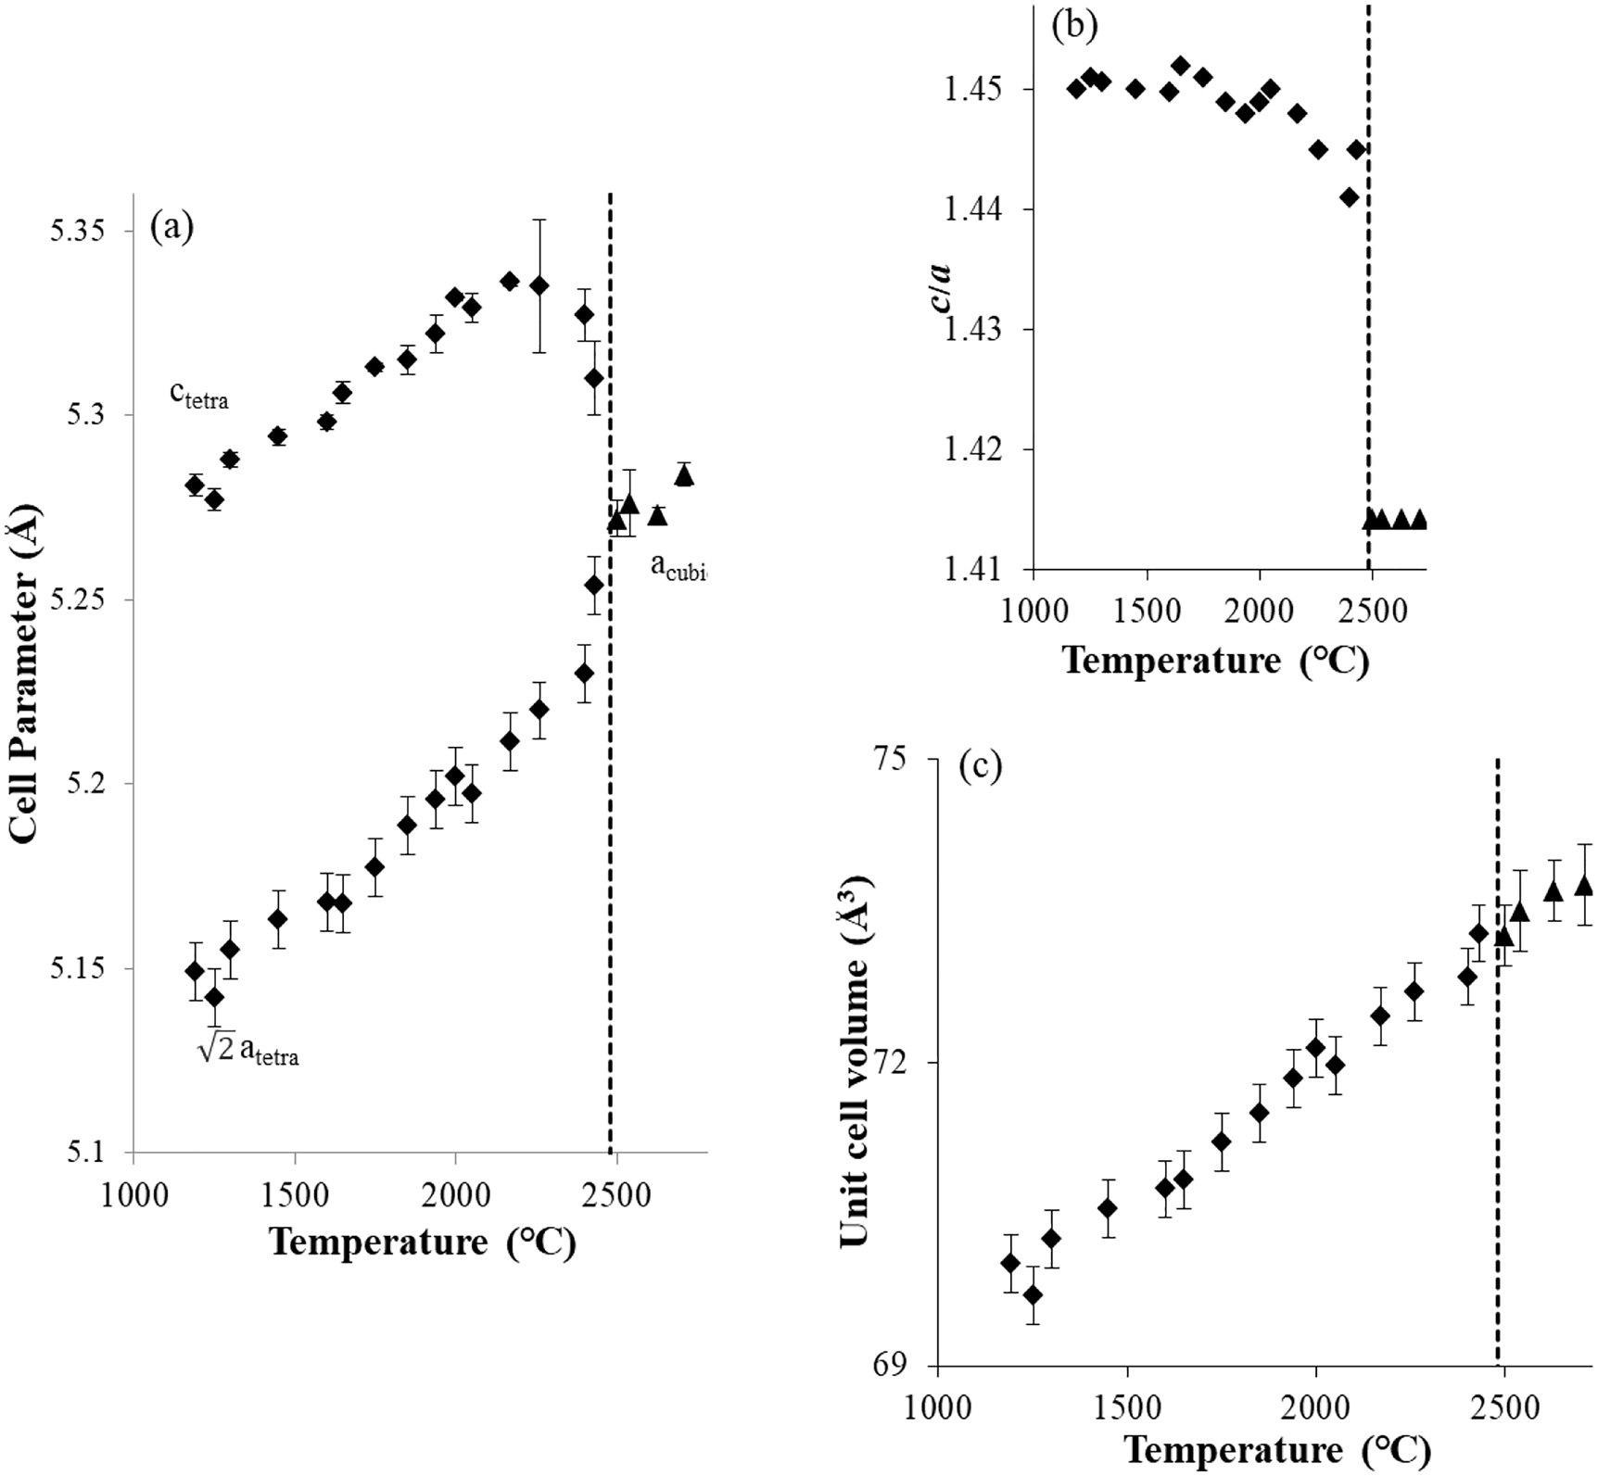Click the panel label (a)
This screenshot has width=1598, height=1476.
(172, 227)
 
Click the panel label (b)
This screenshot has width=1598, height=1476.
(1075, 25)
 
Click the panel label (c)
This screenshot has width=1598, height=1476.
(981, 767)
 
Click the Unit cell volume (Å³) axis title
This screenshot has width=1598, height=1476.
(855, 1062)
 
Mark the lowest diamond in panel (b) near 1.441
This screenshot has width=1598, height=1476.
(1350, 197)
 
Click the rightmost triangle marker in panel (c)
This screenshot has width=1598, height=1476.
(1584, 886)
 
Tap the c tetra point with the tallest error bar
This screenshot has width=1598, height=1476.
(539, 285)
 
